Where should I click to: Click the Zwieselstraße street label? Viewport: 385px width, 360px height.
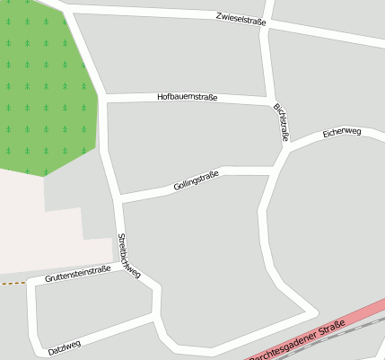pyautogui.click(x=241, y=20)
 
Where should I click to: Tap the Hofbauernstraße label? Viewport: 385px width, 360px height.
pyautogui.click(x=187, y=96)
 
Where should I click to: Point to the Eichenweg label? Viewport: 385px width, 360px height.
pyautogui.click(x=341, y=132)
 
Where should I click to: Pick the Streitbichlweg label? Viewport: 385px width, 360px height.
pyautogui.click(x=128, y=255)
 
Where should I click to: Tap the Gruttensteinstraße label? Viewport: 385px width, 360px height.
pyautogui.click(x=77, y=275)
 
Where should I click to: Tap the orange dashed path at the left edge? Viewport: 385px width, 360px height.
pyautogui.click(x=11, y=283)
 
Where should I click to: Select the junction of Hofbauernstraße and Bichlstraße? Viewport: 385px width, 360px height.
pyautogui.click(x=270, y=99)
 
